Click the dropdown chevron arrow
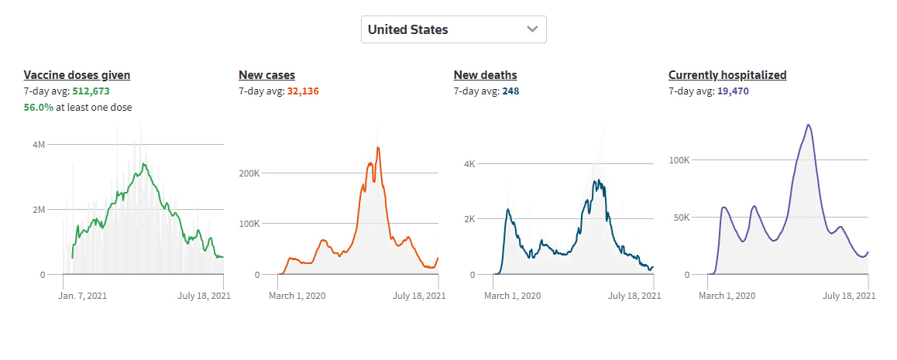(532, 29)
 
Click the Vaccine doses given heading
(77, 75)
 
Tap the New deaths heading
(485, 75)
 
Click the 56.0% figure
(39, 108)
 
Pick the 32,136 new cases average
(303, 91)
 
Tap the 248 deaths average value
(510, 91)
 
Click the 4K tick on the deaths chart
(469, 164)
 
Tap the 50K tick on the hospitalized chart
(679, 218)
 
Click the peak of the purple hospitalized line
(808, 125)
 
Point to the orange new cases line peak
(378, 147)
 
